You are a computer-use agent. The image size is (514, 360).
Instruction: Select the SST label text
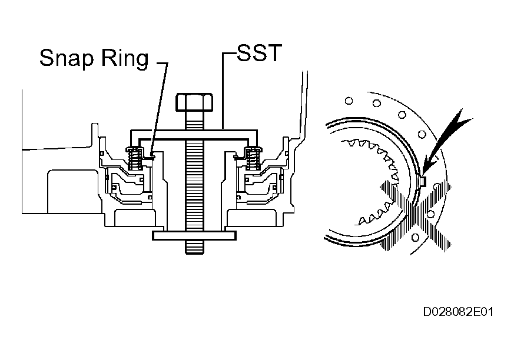(x=260, y=55)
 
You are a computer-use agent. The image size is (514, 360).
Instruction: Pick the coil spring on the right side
(x=255, y=158)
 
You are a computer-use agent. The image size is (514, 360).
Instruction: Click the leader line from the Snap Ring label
(x=159, y=106)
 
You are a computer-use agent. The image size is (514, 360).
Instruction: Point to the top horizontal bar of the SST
(x=194, y=130)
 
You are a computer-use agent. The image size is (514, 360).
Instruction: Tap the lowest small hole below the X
(x=417, y=236)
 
